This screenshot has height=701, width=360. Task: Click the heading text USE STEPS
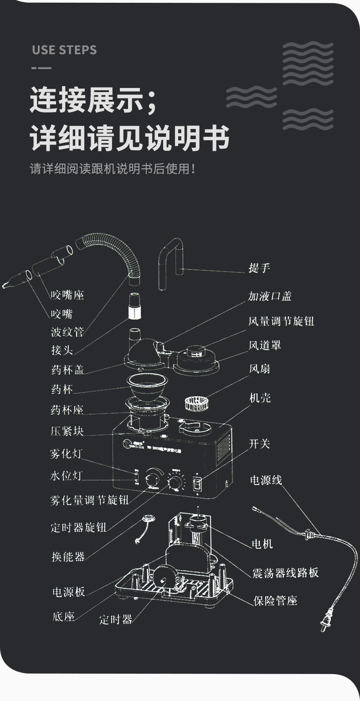pyautogui.click(x=64, y=50)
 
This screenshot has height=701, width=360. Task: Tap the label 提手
pyautogui.click(x=259, y=268)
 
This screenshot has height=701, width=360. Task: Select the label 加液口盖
pyautogui.click(x=269, y=296)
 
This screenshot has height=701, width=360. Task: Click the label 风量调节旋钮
pyautogui.click(x=281, y=321)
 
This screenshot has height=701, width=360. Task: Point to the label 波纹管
pyautogui.click(x=67, y=332)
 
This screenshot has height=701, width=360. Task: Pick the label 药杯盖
pyautogui.click(x=67, y=370)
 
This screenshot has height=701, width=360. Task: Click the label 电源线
pyautogui.click(x=266, y=480)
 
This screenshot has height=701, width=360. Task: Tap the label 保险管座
pyautogui.click(x=275, y=600)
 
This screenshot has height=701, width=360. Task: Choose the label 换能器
pyautogui.click(x=68, y=557)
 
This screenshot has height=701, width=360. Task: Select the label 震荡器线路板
pyautogui.click(x=285, y=573)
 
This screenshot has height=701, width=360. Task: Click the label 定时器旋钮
pyautogui.click(x=78, y=528)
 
